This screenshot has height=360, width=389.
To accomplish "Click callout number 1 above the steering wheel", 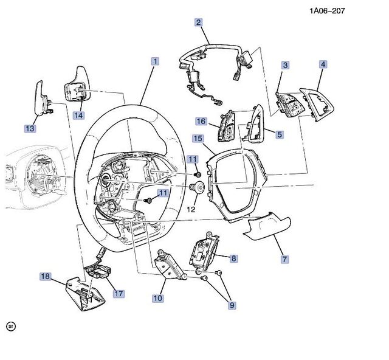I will (156, 61).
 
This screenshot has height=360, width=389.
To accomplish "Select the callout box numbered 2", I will (198, 23).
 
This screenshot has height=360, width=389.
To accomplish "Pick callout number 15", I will (198, 139).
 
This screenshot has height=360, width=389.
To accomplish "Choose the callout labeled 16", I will (199, 121).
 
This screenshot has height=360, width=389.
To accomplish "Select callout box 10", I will (158, 298).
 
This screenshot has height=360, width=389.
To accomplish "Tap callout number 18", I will (46, 276).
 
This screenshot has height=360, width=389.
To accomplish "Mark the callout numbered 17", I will (119, 293).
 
